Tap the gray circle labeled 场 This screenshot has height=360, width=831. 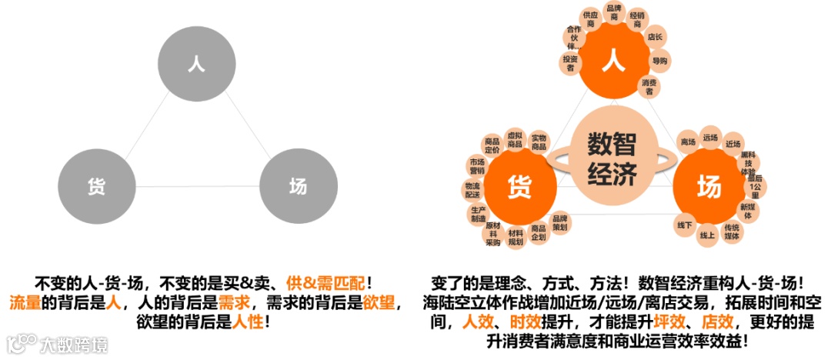point(298,185)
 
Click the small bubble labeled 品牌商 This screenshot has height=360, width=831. point(614,13)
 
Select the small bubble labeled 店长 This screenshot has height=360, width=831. point(655,37)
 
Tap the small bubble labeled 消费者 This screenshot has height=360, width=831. point(649,86)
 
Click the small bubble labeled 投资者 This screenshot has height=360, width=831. point(570,63)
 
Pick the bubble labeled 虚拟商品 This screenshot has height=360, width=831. point(515,140)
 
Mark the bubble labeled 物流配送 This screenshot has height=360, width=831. point(472,191)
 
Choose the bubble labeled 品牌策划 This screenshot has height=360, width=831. point(560,223)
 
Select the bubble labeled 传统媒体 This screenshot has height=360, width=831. point(732,232)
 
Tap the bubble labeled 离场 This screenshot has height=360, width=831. point(687,142)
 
